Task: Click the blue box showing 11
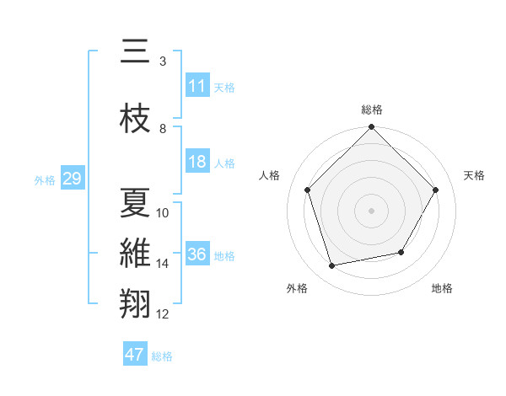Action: point(197,86)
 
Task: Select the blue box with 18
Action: point(197,162)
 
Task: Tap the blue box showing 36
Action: point(197,254)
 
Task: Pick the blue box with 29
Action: point(72,179)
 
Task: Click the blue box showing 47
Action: point(135,355)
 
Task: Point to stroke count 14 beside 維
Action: point(163,264)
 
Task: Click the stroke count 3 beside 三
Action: point(163,62)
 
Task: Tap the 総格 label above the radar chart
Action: point(372,110)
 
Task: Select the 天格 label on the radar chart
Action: point(474,175)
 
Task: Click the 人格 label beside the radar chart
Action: point(270,175)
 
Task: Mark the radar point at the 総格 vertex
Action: point(372,128)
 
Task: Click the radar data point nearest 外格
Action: point(332,266)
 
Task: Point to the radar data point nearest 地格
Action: point(401,252)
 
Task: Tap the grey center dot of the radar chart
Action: point(372,211)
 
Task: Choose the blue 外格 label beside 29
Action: point(44,179)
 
